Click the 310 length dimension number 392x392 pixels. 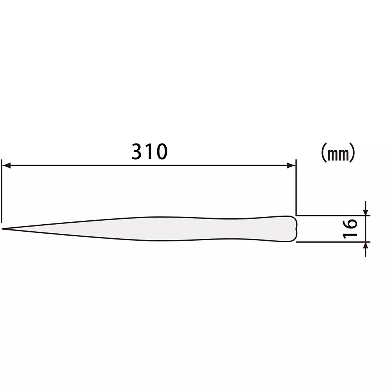149,152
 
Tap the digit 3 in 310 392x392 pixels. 137,152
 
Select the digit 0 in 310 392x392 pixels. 160,152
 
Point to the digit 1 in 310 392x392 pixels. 149,152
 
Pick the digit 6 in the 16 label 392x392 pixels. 350,224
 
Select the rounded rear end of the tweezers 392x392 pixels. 295,229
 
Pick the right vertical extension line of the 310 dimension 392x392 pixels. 296,188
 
